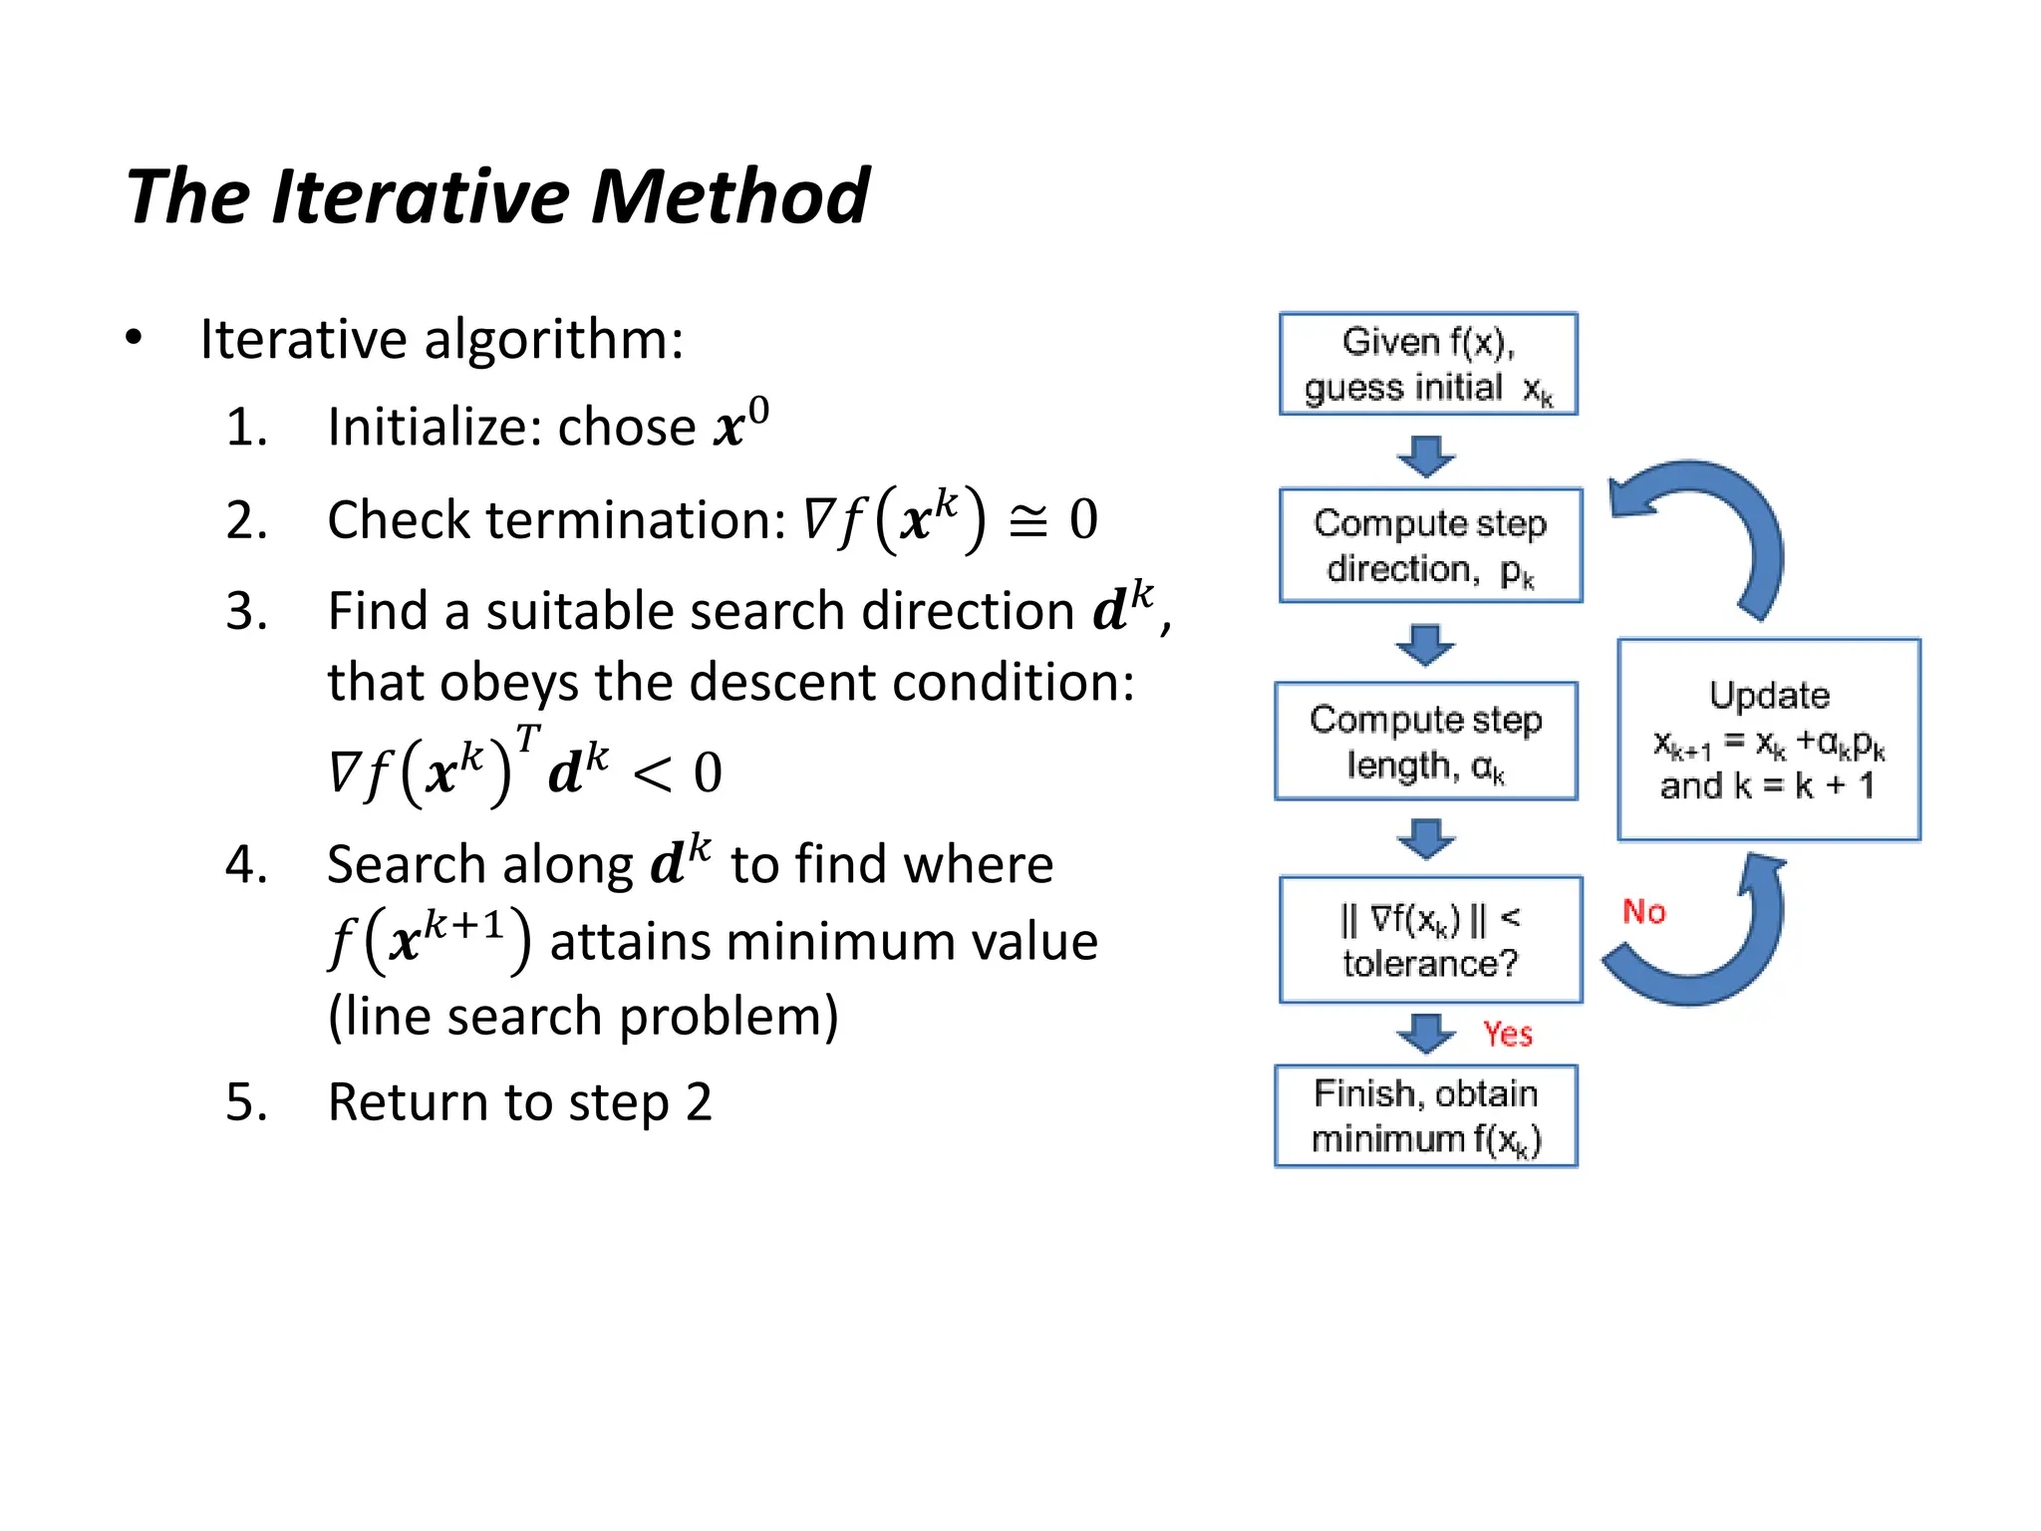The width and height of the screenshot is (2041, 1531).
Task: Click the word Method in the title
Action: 729,196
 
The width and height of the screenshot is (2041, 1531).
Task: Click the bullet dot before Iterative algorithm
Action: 135,338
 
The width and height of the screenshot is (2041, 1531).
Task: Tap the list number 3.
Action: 246,610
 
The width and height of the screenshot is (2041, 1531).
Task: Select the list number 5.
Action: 246,1102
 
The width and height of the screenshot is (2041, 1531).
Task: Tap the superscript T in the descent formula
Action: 527,739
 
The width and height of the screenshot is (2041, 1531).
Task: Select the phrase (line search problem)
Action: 583,1017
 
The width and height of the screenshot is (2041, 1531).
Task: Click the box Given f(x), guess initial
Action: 1427,364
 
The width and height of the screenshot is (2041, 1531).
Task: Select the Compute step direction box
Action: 1430,545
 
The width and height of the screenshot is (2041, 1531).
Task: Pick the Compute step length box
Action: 1426,741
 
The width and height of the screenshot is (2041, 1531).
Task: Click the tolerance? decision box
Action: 1430,940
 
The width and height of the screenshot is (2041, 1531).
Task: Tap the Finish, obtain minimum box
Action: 1426,1116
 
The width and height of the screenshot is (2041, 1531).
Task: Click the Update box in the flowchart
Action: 1768,740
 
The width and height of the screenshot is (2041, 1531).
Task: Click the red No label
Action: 1643,911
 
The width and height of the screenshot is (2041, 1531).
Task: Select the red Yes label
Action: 1507,1034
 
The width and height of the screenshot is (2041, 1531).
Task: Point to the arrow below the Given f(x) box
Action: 1425,456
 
